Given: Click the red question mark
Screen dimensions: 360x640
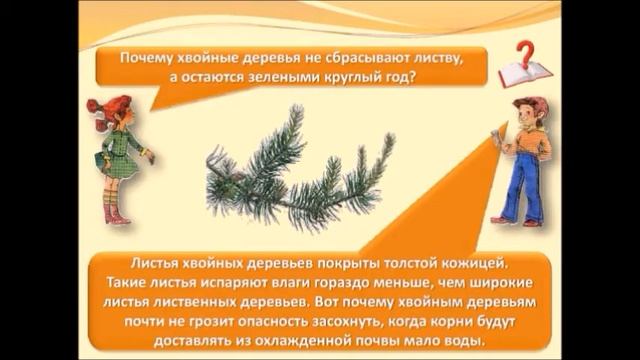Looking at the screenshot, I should [x=523, y=51].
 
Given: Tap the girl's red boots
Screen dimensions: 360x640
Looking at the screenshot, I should [x=117, y=213].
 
